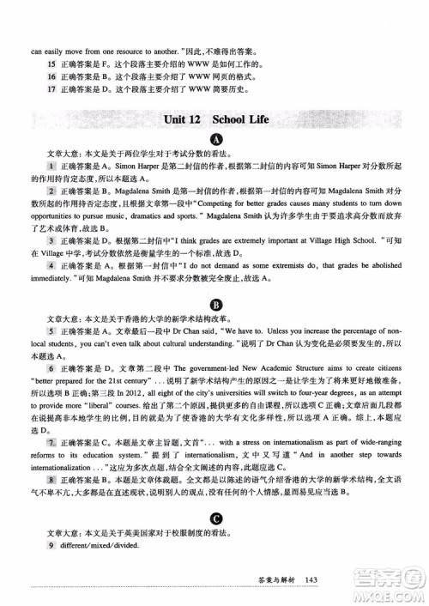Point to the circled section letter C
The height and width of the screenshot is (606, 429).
tap(215, 518)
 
